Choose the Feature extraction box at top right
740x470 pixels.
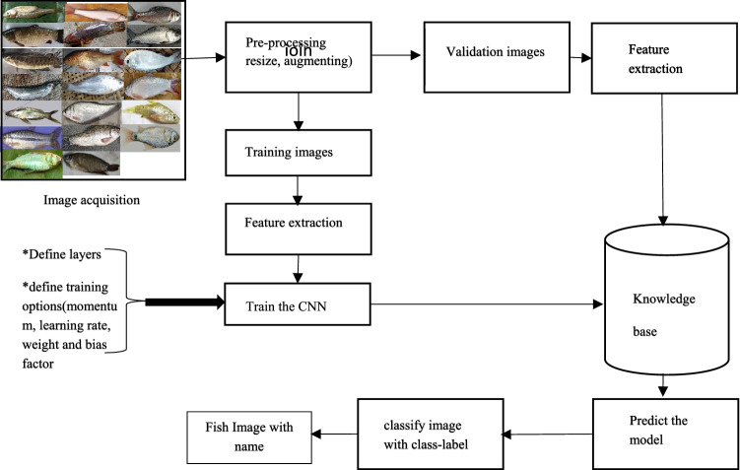[651, 59]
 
